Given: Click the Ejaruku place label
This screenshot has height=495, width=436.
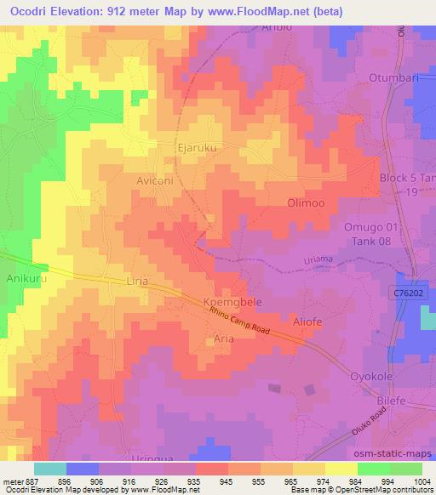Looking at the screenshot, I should [198, 146].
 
